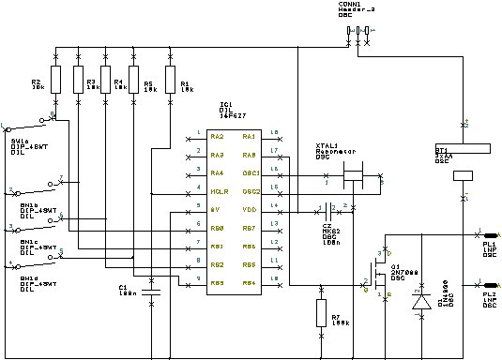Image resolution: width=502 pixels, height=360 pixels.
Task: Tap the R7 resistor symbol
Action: click(x=321, y=313)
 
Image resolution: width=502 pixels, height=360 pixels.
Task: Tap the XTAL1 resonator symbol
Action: click(x=353, y=173)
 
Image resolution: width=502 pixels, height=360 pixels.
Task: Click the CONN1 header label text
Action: click(x=357, y=6)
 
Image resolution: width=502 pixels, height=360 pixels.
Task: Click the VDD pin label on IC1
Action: click(x=250, y=209)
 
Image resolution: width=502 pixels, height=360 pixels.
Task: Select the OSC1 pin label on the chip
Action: click(x=251, y=173)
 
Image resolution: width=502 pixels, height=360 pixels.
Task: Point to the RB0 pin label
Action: click(x=217, y=228)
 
